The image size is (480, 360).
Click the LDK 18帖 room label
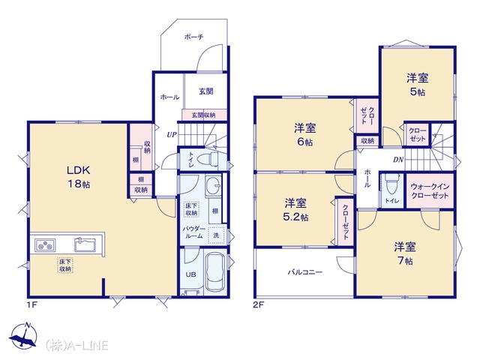click(79, 177)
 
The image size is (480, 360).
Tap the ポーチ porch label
click(193, 37)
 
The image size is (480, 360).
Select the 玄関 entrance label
click(206, 91)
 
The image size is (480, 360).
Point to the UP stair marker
click(172, 134)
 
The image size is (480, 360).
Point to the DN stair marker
click(398, 160)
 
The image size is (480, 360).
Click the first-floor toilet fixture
click(207, 160)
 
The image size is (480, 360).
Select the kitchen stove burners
click(45, 245)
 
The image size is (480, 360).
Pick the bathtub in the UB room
click(214, 272)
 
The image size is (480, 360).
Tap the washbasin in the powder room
click(213, 186)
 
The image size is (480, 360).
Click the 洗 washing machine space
click(217, 235)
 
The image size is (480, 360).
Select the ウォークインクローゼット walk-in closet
click(430, 191)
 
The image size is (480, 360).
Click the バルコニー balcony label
click(305, 271)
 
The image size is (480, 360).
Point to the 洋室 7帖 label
click(405, 253)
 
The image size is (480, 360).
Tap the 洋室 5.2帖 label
click(295, 210)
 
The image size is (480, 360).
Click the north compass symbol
click(23, 336)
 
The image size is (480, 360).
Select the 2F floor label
click(258, 305)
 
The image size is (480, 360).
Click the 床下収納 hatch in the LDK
click(65, 265)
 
